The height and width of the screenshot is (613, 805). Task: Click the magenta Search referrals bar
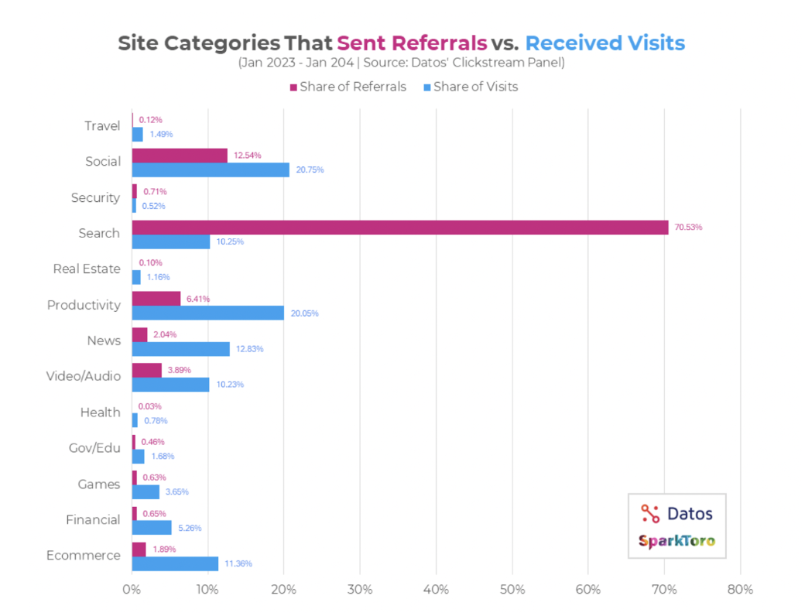tap(399, 227)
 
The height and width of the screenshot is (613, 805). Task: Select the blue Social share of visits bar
tap(211, 170)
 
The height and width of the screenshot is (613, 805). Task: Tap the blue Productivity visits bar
tap(207, 313)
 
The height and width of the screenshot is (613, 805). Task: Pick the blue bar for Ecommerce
tap(175, 563)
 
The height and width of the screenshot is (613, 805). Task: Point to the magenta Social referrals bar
tap(180, 156)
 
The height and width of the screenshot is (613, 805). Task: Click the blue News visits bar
tap(180, 348)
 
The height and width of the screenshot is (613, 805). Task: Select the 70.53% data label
tap(689, 228)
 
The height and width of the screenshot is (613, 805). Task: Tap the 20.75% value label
tap(309, 170)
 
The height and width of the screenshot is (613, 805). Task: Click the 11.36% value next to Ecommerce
tap(238, 563)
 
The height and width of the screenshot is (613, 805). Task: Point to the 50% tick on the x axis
tap(512, 590)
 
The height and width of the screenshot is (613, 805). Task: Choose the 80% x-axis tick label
tap(740, 590)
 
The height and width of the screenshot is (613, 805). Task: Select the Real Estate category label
tap(87, 269)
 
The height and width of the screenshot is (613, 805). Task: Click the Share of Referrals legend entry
tap(348, 87)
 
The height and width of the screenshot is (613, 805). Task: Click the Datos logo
tap(677, 513)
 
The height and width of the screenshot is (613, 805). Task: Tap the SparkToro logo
tap(677, 541)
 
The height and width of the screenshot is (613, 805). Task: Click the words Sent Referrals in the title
tap(412, 43)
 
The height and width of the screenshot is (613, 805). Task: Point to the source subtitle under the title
tap(401, 63)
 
